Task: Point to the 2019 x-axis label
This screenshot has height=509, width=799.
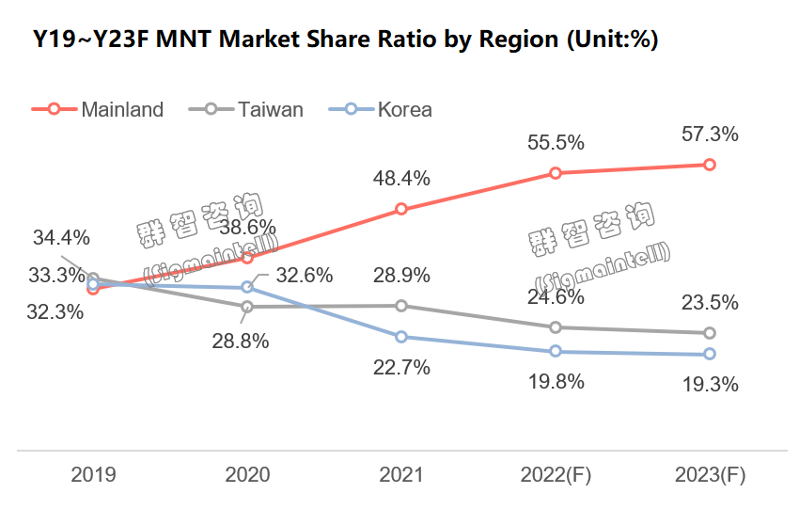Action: coord(93,475)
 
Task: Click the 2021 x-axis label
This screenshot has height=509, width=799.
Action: coord(401,475)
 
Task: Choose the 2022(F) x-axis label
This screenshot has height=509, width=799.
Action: coord(556,475)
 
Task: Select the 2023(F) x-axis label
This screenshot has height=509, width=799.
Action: coord(710,475)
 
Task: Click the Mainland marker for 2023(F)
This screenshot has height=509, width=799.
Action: coord(710,165)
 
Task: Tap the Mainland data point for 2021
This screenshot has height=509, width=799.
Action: coord(401,209)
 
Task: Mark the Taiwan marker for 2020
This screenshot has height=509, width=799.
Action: coord(247,307)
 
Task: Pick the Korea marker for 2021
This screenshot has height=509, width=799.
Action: coord(401,337)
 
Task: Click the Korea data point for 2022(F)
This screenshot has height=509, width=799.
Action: coord(556,351)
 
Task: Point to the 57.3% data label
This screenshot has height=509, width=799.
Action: coord(710,135)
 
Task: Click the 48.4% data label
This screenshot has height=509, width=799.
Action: coord(401,178)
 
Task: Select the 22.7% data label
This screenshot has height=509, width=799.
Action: coord(401,368)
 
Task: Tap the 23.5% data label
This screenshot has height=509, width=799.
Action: coord(710,303)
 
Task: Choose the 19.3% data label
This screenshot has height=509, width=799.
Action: coord(710,385)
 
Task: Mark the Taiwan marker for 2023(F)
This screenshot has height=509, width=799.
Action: coord(710,333)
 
